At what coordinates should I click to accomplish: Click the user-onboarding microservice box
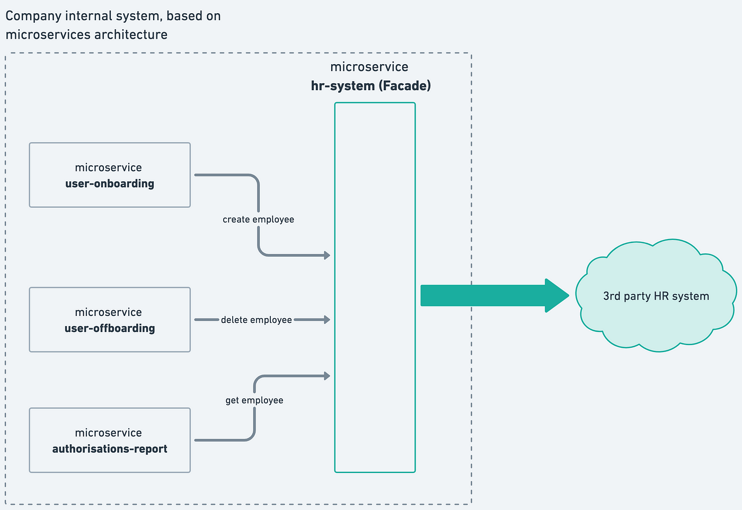pos(110,175)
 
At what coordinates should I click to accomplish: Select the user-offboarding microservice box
pos(110,320)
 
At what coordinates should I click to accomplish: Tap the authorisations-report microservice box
pos(110,440)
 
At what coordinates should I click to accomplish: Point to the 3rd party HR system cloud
pos(656,296)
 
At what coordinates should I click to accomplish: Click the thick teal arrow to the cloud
pos(495,295)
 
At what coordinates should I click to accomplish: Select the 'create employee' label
pos(259,219)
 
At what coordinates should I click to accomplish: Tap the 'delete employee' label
pos(257,320)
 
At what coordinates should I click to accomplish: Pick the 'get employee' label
pos(254,400)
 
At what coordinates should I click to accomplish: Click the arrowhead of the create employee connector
pos(328,255)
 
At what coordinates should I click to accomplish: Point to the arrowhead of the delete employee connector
pos(328,320)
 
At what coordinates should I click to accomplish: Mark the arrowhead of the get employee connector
pos(328,376)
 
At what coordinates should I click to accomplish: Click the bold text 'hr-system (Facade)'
pos(371,86)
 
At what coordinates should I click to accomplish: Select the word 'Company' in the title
pos(33,16)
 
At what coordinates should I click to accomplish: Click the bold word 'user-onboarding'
pos(110,183)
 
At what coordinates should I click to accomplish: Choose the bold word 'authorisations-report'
pos(110,449)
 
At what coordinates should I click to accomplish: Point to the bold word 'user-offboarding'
pos(110,328)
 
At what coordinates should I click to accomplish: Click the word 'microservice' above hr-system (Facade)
pos(369,67)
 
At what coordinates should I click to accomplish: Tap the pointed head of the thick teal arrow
pos(569,295)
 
